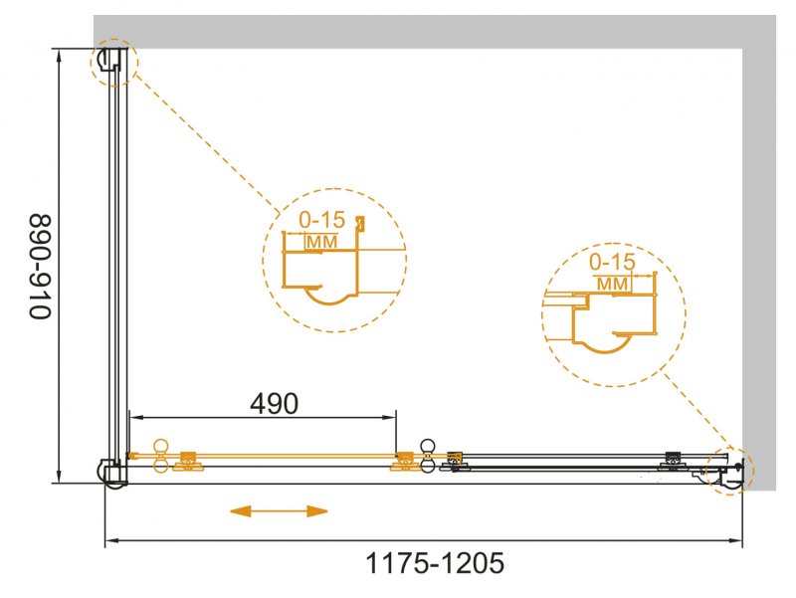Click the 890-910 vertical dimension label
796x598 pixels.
41,267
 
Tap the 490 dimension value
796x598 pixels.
275,404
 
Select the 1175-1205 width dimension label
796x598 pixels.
435,563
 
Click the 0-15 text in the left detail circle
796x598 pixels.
321,220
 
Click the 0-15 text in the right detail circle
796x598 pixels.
612,262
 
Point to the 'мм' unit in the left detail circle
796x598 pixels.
322,242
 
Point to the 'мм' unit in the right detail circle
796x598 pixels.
613,284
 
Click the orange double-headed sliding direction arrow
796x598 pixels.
279,511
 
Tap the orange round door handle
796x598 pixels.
162,456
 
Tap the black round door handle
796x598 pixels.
428,456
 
